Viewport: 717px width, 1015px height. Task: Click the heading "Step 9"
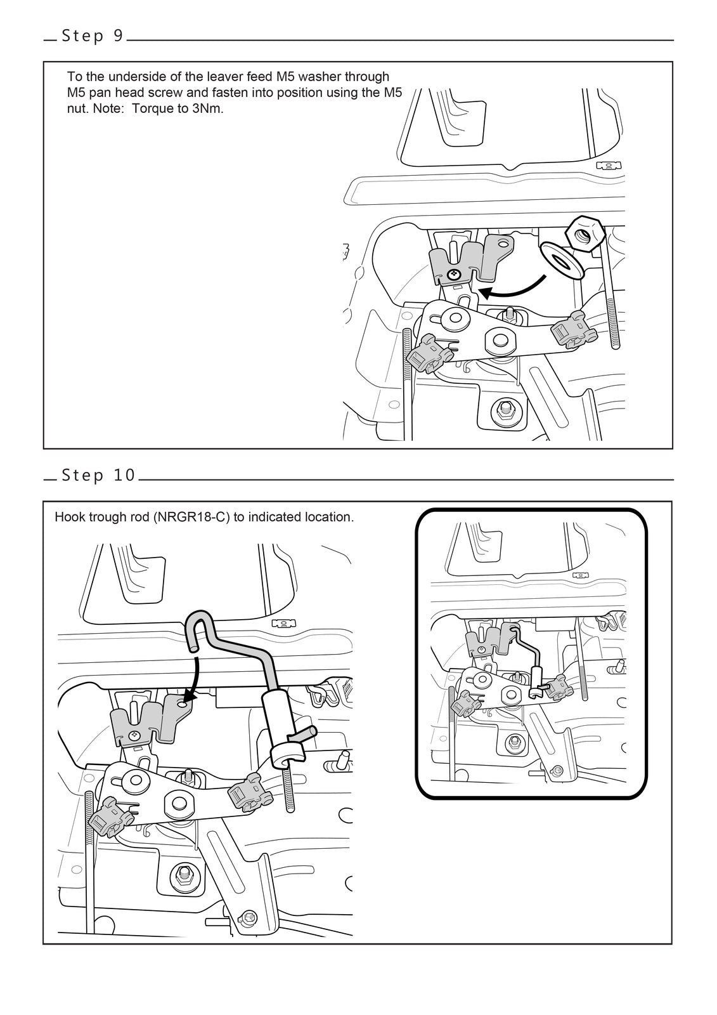coord(93,36)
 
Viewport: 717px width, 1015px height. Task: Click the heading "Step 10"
coord(99,475)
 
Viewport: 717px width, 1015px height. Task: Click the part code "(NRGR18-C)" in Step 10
coord(191,517)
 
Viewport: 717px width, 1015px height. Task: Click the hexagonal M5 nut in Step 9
coord(583,235)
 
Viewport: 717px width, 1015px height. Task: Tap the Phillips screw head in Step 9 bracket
coord(453,275)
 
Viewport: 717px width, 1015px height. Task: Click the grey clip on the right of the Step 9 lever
coord(574,331)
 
